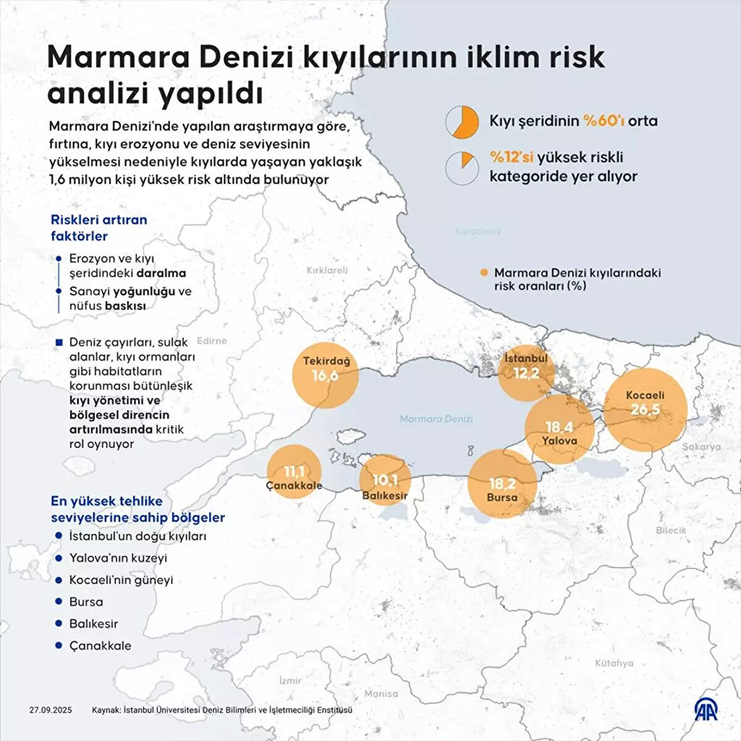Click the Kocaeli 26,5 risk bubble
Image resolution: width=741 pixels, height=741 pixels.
(x=645, y=409)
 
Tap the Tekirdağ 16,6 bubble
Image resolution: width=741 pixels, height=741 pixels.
(x=325, y=375)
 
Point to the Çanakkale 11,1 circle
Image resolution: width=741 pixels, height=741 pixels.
(x=294, y=472)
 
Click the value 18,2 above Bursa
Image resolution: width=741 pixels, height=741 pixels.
(x=501, y=484)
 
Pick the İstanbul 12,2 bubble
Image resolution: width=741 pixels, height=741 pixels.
(x=525, y=373)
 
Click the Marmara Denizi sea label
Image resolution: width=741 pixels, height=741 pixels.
(x=436, y=419)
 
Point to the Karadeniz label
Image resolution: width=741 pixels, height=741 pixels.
(x=478, y=232)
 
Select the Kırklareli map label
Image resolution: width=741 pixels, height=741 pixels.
(x=327, y=270)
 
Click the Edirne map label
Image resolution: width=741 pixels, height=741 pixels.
(x=211, y=340)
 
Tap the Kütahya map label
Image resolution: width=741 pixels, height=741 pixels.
(x=614, y=663)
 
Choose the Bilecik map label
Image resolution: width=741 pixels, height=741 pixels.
(x=671, y=530)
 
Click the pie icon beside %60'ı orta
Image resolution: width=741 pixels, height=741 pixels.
(x=463, y=122)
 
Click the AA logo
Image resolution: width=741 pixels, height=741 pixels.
(x=707, y=710)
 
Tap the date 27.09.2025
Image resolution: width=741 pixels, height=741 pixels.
(x=50, y=710)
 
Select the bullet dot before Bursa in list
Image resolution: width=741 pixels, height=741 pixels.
(x=59, y=601)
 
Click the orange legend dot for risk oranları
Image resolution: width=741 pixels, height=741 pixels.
(x=484, y=272)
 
